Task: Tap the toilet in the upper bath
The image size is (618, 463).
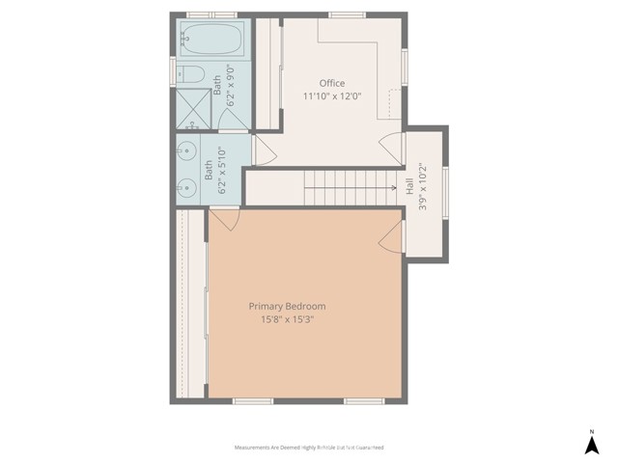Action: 190,74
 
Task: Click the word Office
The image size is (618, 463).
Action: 332,84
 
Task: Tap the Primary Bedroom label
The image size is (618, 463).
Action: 298,306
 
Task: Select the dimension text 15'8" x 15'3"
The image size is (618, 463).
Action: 298,319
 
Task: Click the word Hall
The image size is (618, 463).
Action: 410,201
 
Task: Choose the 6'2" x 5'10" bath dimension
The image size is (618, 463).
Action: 221,171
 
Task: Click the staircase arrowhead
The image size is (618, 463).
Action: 393,188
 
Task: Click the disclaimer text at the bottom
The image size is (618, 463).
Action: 309,448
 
